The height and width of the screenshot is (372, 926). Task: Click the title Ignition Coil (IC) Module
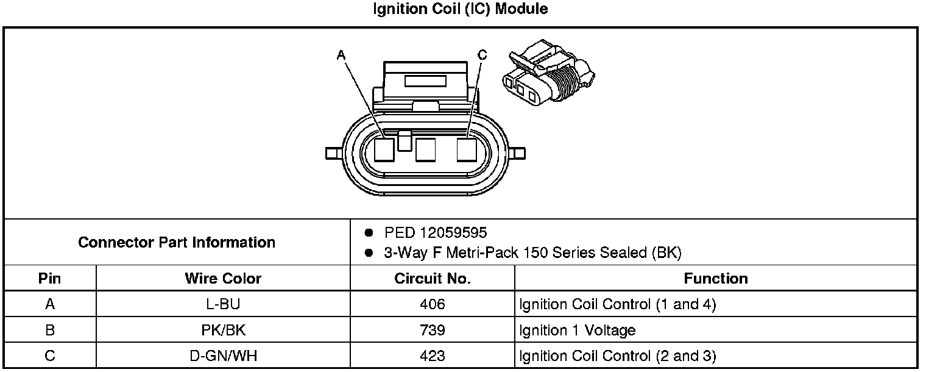click(x=460, y=9)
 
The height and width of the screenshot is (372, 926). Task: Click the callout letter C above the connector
click(x=482, y=55)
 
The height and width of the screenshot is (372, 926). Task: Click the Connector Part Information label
click(x=177, y=242)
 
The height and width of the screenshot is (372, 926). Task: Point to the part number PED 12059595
click(x=436, y=233)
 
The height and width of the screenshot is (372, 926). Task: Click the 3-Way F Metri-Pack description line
click(x=532, y=252)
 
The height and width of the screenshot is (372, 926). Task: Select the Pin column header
click(x=49, y=279)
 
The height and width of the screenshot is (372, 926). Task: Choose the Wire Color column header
click(x=223, y=279)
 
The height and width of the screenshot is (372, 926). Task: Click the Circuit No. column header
click(x=433, y=279)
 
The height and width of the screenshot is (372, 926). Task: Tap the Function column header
click(x=715, y=279)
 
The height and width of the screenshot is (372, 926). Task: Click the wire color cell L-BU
click(x=223, y=304)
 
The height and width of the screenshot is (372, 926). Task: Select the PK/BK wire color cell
click(x=223, y=331)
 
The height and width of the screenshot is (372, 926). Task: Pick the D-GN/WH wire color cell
click(x=223, y=356)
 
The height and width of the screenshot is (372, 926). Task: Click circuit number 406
click(x=433, y=304)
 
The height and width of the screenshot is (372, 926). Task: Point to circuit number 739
click(x=433, y=331)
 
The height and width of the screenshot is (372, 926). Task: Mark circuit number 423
click(x=433, y=356)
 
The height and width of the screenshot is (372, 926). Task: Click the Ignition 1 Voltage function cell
click(x=577, y=331)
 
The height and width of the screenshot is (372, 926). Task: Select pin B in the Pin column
click(x=49, y=331)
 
